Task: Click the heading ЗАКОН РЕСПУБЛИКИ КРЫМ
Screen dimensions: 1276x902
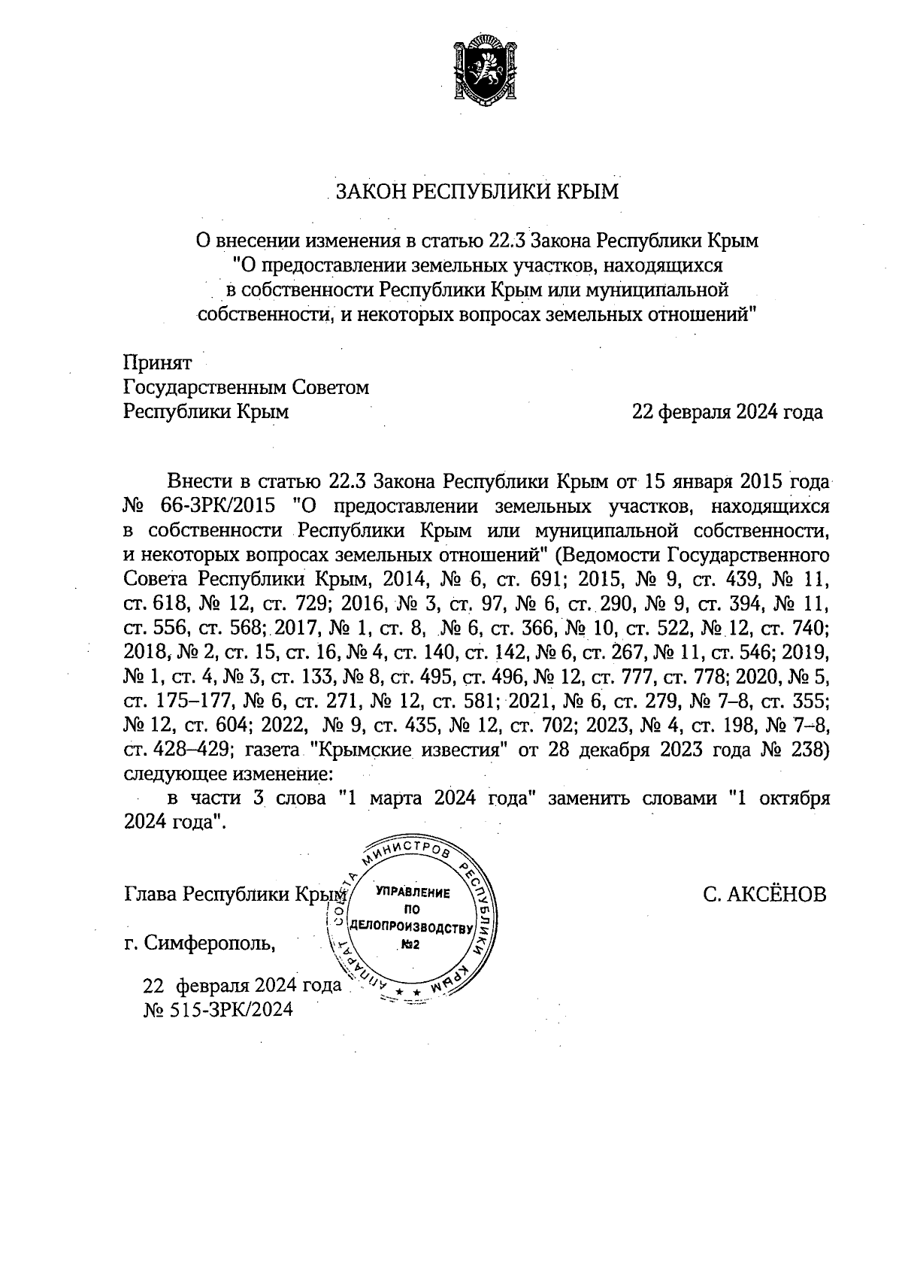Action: coord(477,192)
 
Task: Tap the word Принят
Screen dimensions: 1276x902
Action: coord(158,363)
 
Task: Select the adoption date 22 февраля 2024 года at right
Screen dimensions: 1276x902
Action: coord(727,412)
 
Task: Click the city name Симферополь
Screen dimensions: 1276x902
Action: coord(210,942)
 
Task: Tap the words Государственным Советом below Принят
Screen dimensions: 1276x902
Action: coord(246,388)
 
